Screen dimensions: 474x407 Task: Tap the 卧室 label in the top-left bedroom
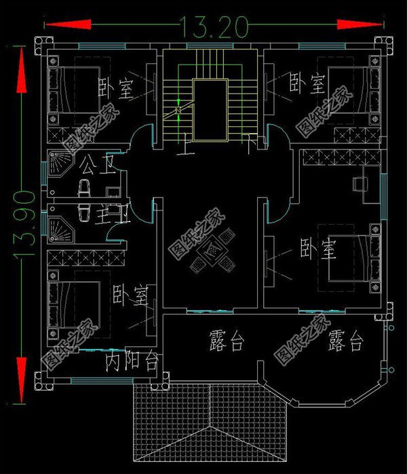click(x=117, y=88)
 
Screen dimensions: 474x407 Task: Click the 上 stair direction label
click(x=182, y=145)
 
